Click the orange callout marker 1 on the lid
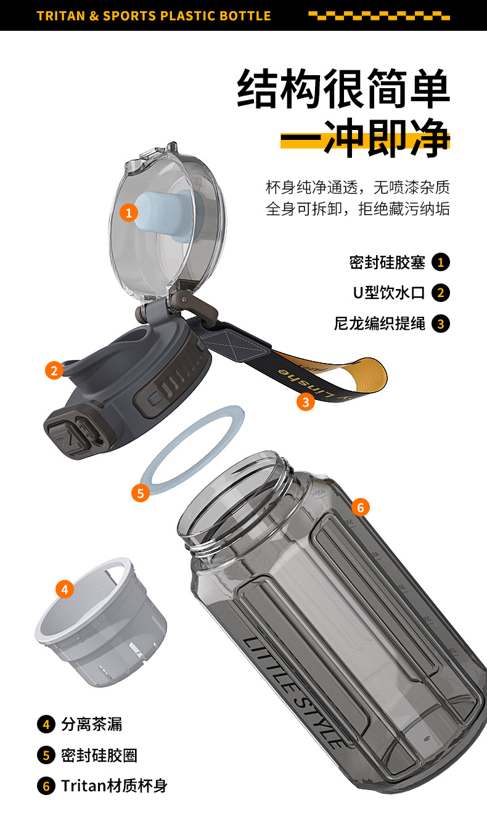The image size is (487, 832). coord(128,213)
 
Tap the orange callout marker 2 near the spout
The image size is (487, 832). coord(54,370)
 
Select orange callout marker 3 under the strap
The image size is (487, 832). coord(306,402)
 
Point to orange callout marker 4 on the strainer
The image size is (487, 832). coord(65,589)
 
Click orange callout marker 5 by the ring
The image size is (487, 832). coord(141,493)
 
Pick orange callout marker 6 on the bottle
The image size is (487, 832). coord(361,508)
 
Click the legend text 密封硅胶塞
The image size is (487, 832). coord(387,262)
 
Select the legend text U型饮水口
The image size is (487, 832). coord(389,293)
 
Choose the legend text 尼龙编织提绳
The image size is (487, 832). coord(380,324)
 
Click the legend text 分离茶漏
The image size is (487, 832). coord(92,724)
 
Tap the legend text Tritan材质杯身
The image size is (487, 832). coord(114,786)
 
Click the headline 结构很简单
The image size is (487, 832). coord(344,91)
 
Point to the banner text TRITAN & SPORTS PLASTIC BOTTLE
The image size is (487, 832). coord(154,16)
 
